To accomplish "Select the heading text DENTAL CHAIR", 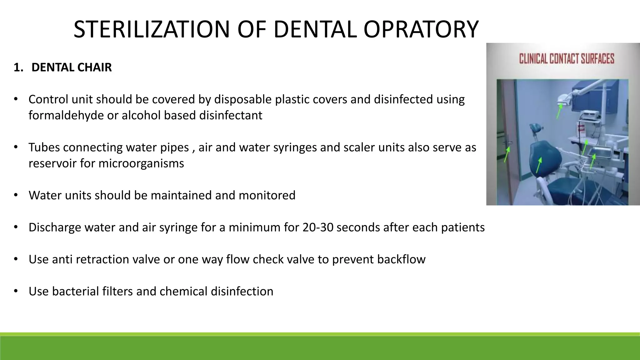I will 72,67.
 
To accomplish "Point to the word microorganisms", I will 141,163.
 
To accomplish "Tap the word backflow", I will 401,259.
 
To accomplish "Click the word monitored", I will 267,195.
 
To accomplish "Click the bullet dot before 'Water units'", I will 16,195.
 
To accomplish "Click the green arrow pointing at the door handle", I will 507,154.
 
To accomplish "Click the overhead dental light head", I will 562,99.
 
